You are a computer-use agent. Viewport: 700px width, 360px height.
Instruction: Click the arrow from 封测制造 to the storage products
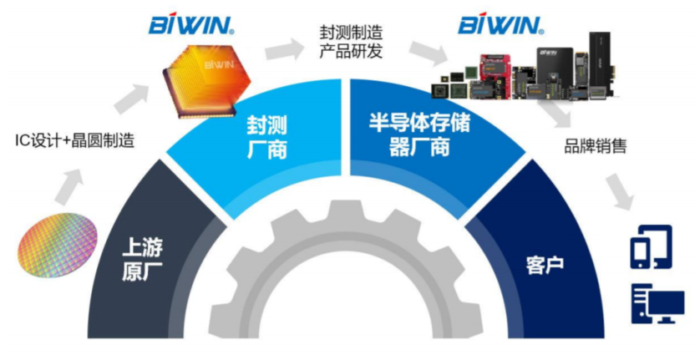click(x=423, y=52)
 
